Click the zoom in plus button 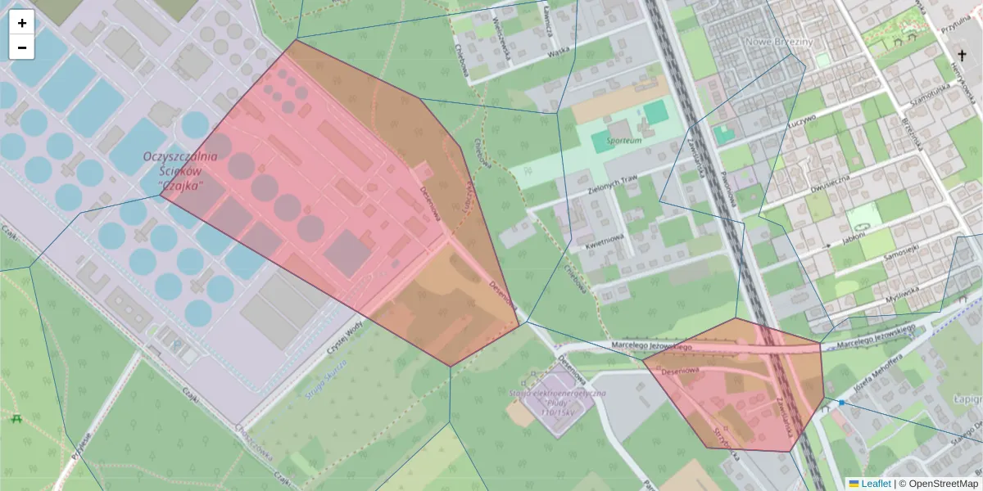pyautogui.click(x=22, y=23)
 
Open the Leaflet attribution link pyautogui.click(x=876, y=484)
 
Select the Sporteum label pyautogui.click(x=624, y=141)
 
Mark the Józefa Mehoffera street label pyautogui.click(x=878, y=372)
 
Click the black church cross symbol pyautogui.click(x=963, y=55)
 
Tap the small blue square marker pyautogui.click(x=841, y=403)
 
